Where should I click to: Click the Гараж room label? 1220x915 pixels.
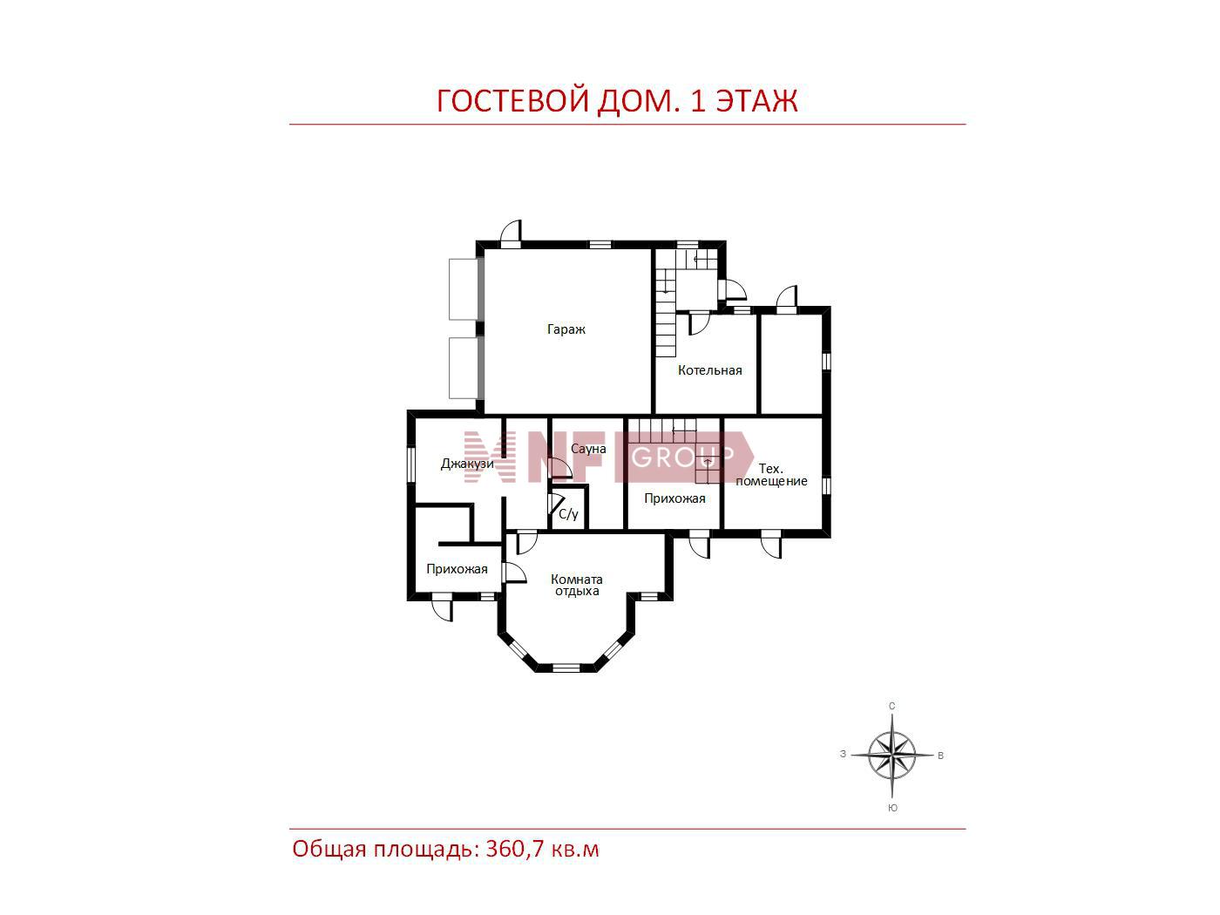[x=566, y=329]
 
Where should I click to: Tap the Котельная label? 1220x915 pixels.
[x=709, y=370]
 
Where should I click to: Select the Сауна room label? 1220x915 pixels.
[x=588, y=448]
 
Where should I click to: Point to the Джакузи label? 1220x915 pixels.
[x=467, y=464]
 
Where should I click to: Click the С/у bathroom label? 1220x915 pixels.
[x=568, y=514]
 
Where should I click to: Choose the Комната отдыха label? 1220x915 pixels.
[x=576, y=585]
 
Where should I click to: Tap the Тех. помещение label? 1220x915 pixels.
[x=771, y=475]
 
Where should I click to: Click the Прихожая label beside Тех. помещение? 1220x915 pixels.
[x=674, y=498]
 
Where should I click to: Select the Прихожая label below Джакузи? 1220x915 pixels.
[x=457, y=569]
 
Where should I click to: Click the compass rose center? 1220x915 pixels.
[x=891, y=755]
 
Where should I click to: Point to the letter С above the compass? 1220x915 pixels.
[x=892, y=706]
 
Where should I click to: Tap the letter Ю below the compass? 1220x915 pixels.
[x=892, y=808]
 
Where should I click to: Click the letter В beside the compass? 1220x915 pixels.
[x=940, y=756]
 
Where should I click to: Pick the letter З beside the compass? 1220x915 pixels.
[x=844, y=755]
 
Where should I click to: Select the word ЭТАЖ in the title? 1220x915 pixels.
[x=756, y=101]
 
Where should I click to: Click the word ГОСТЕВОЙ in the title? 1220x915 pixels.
[x=512, y=101]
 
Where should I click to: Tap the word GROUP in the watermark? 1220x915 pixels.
[x=683, y=457]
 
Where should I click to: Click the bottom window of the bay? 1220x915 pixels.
[x=566, y=668]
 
